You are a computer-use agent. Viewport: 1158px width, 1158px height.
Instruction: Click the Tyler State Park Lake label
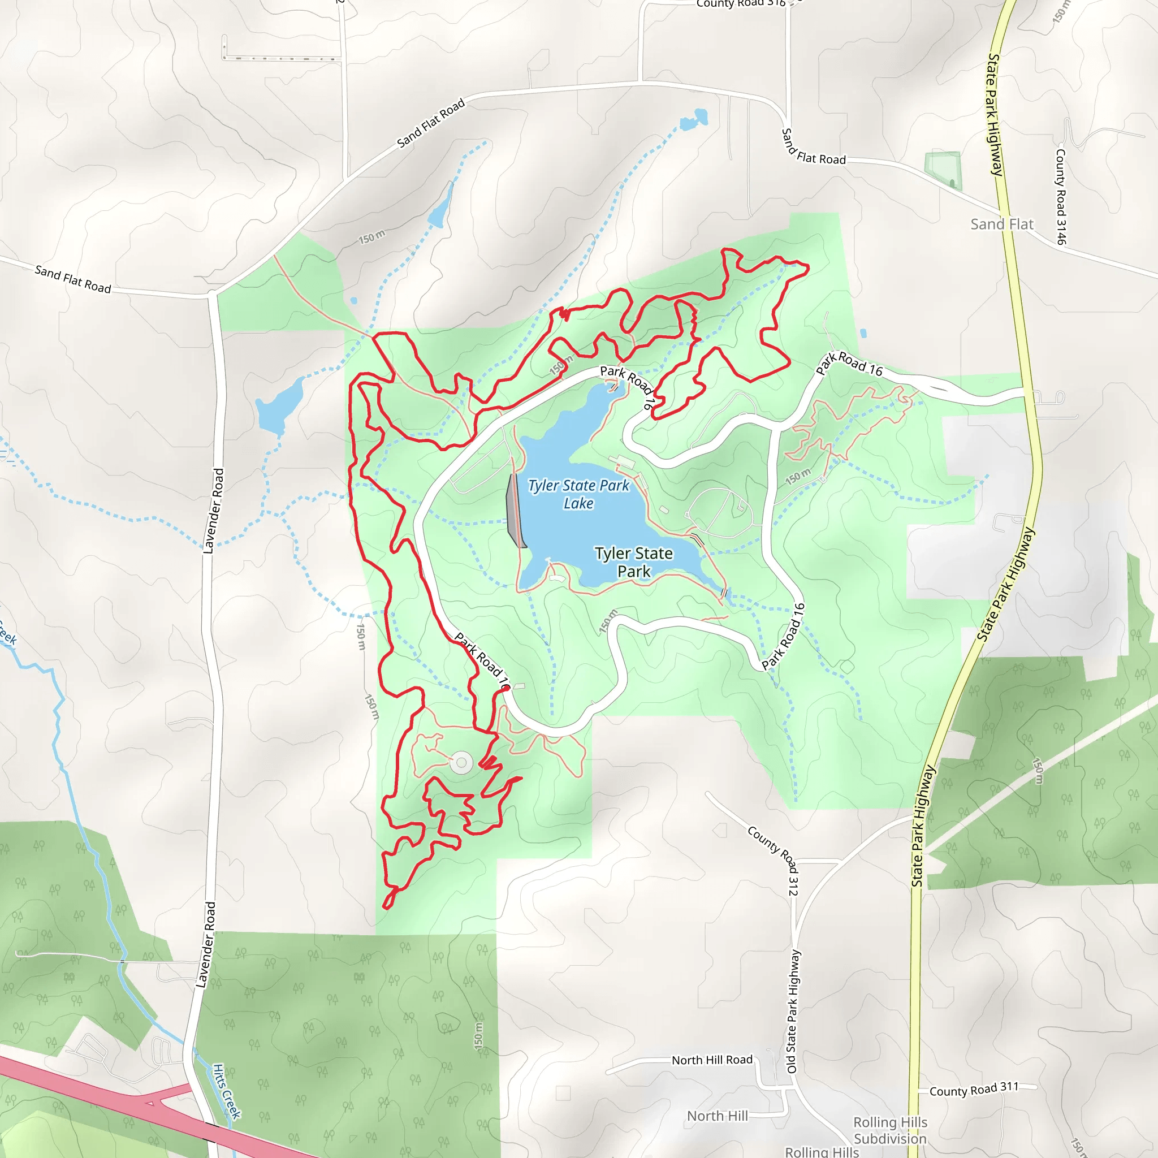pos(578,495)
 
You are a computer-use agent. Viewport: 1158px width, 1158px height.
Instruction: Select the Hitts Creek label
pos(227,1091)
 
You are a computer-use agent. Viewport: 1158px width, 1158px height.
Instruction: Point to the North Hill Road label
pos(711,1060)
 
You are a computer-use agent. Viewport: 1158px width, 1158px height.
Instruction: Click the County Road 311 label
pos(974,1090)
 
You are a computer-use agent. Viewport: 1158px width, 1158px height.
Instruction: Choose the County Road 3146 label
pos(1061,197)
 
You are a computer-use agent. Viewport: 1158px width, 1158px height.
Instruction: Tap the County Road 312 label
pos(773,860)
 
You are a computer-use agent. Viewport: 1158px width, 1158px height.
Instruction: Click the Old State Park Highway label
pos(792,1011)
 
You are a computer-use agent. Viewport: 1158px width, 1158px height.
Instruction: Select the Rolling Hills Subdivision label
pos(889,1130)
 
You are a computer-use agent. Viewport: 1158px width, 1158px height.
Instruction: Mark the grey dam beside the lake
pos(515,511)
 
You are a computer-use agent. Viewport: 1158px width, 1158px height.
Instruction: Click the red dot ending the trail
pos(507,689)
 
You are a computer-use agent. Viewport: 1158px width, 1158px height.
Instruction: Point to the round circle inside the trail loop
pos(461,763)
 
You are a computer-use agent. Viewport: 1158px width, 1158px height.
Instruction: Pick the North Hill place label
pos(717,1116)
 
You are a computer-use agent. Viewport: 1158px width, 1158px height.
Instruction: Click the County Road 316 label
pos(740,3)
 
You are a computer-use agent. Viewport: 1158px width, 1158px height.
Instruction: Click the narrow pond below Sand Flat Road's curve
pos(440,207)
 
